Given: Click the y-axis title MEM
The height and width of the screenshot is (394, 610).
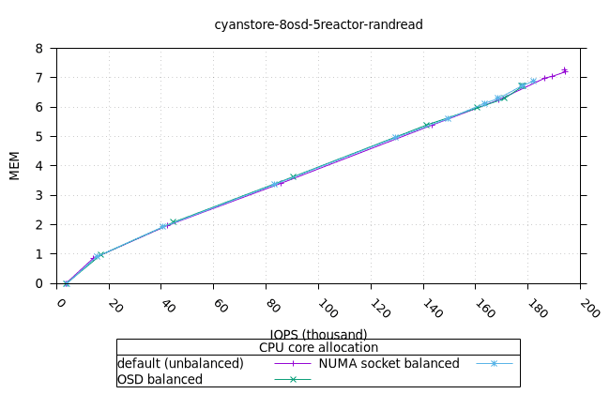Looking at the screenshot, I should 15,166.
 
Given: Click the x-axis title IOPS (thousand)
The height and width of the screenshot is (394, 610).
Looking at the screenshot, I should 318,334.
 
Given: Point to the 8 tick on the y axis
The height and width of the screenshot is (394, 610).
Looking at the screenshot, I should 38,49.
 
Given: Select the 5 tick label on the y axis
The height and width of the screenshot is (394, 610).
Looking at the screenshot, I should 38,137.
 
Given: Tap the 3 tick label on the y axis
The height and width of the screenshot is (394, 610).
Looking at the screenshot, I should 38,195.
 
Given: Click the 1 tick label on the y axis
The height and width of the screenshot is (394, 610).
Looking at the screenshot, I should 38,254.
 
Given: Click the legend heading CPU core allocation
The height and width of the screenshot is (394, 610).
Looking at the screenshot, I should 318,347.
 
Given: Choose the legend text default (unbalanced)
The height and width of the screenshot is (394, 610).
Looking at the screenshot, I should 180,363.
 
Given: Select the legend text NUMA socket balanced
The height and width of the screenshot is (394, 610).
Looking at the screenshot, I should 389,363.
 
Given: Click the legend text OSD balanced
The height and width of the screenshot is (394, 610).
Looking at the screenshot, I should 160,379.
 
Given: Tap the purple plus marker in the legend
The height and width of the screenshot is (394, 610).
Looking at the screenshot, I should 293,363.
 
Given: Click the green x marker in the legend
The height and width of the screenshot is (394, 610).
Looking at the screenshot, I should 293,379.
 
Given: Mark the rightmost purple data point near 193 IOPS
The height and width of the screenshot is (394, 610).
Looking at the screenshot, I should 565,70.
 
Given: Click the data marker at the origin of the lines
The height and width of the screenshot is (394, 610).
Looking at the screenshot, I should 66,283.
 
